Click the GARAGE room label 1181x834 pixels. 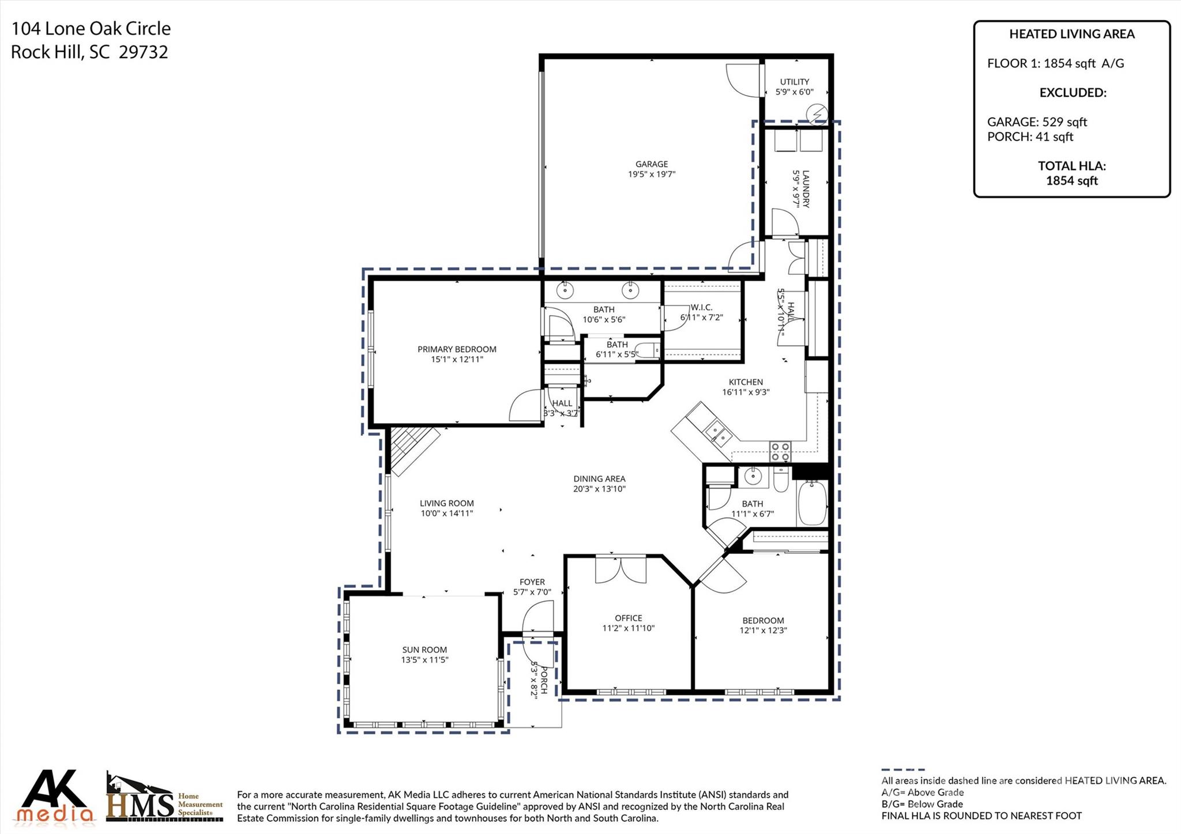(652, 164)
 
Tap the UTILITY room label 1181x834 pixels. (795, 82)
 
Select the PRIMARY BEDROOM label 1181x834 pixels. (457, 349)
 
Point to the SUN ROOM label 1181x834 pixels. (425, 650)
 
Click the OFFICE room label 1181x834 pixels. (629, 618)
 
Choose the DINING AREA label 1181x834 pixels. (599, 479)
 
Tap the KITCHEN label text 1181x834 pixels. (746, 382)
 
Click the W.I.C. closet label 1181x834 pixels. (701, 308)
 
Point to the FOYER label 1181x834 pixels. (532, 582)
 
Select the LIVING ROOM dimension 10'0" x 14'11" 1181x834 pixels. (447, 513)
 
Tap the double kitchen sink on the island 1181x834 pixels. (717, 433)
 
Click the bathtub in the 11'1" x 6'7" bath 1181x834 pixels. (812, 503)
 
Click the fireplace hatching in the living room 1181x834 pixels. (414, 450)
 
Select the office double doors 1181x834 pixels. (621, 569)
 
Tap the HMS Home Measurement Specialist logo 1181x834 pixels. (164, 798)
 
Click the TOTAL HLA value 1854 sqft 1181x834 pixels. (1072, 181)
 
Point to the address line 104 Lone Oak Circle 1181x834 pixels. (91, 28)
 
